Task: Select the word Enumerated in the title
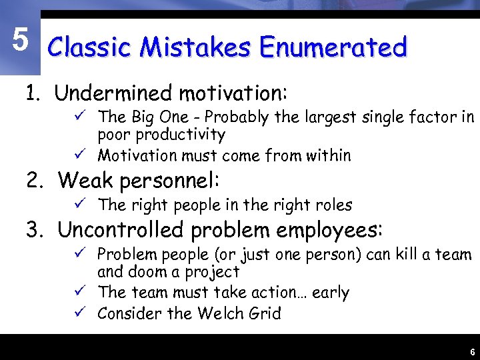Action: click(x=333, y=47)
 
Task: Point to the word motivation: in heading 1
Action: click(x=233, y=93)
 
